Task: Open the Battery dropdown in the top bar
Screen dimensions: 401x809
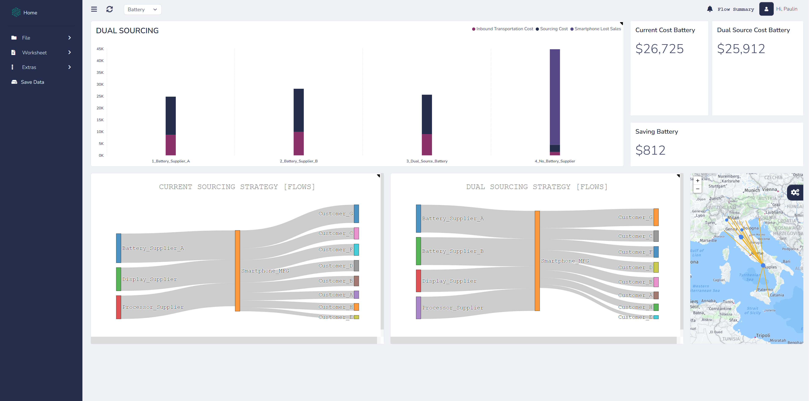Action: [x=142, y=10]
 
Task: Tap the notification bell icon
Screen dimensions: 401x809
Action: [x=710, y=9]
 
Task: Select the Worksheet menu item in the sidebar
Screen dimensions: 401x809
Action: [x=34, y=52]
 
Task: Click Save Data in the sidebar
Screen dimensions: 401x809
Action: [x=32, y=82]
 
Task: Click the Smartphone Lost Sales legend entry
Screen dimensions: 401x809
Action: [x=596, y=29]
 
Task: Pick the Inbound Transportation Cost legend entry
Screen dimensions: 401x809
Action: [x=503, y=29]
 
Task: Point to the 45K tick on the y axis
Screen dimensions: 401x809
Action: [x=100, y=49]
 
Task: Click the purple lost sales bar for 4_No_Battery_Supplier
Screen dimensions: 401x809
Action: [x=555, y=97]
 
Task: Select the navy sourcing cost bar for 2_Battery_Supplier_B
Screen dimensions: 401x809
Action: [x=299, y=110]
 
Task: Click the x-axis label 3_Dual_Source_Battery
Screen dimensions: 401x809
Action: [x=427, y=161]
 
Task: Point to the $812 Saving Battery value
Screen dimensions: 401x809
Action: [x=650, y=150]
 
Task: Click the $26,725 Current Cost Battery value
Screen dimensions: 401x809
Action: [x=659, y=49]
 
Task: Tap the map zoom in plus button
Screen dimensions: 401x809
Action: [x=697, y=181]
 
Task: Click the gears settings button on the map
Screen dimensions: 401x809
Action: [x=795, y=192]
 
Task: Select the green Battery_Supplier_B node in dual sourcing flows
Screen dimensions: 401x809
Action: [x=418, y=251]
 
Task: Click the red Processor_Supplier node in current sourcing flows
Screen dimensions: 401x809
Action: [x=118, y=307]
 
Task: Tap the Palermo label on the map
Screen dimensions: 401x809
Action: [x=765, y=290]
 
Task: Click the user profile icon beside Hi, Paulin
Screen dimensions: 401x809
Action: [x=766, y=9]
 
